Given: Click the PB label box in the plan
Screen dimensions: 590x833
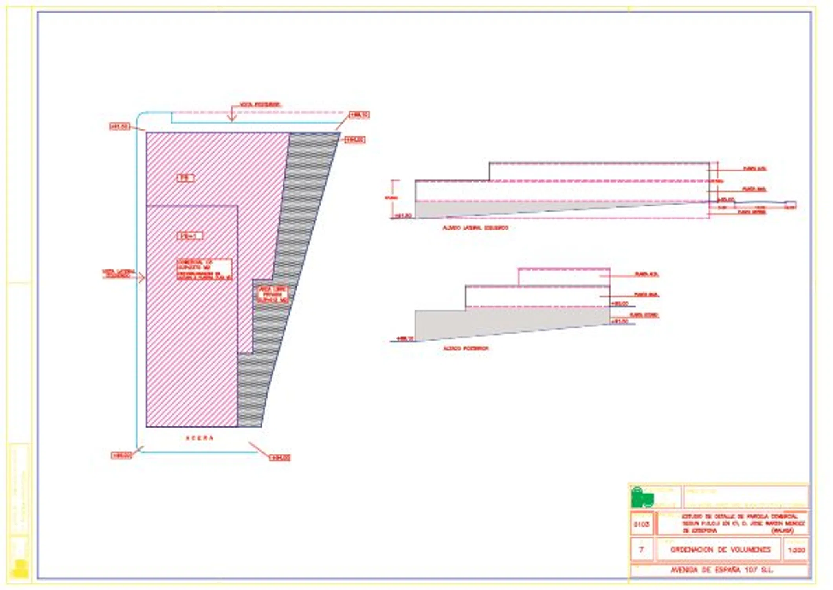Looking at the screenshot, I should pyautogui.click(x=185, y=178).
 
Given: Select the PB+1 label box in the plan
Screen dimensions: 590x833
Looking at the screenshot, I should pyautogui.click(x=190, y=236).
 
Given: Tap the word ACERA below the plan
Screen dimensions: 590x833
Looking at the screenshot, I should pyautogui.click(x=200, y=438).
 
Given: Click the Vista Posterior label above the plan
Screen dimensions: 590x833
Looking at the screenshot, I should pyautogui.click(x=260, y=105).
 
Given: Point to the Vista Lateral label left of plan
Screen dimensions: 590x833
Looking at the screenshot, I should pyautogui.click(x=118, y=273).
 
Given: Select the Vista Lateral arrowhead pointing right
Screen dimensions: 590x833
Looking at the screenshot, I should pyautogui.click(x=142, y=278).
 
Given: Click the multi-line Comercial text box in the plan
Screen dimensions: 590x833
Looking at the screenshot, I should pyautogui.click(x=204, y=269).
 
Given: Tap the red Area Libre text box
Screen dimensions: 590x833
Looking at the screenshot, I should pyautogui.click(x=273, y=295).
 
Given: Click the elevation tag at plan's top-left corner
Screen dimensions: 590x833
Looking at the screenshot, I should pyautogui.click(x=119, y=126).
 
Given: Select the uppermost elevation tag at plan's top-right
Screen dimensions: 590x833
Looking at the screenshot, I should pyautogui.click(x=359, y=115).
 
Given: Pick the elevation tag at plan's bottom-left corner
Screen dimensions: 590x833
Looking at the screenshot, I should pyautogui.click(x=121, y=455).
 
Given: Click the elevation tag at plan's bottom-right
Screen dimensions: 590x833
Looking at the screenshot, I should pyautogui.click(x=280, y=457).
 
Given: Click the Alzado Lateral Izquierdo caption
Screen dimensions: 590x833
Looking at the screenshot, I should pyautogui.click(x=475, y=228).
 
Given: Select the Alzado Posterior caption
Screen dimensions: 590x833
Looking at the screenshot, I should pyautogui.click(x=466, y=348).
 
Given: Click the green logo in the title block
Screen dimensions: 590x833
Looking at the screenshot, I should pyautogui.click(x=642, y=498).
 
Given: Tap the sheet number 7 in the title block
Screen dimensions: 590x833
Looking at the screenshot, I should pyautogui.click(x=641, y=549).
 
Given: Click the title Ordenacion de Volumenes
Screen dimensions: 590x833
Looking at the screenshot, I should pyautogui.click(x=720, y=549).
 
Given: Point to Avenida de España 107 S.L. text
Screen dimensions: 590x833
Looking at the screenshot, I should pyautogui.click(x=721, y=570).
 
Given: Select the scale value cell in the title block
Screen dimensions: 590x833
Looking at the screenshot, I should pyautogui.click(x=796, y=550).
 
